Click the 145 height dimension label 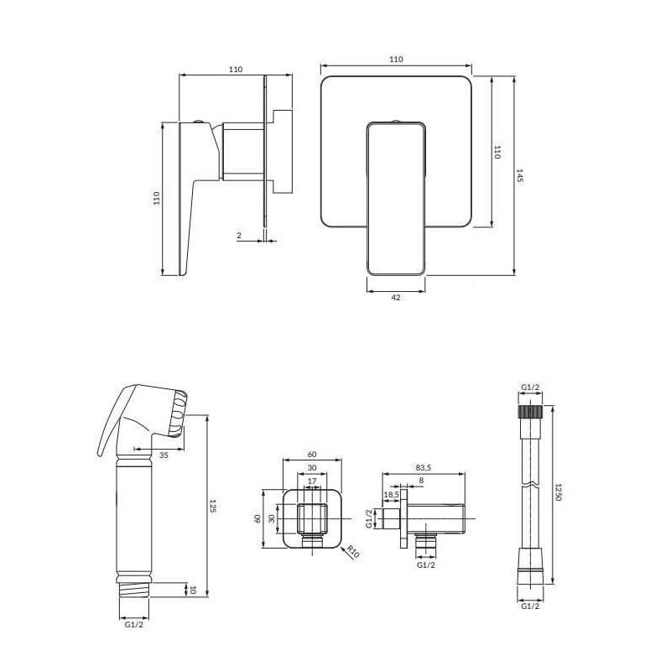click(519, 175)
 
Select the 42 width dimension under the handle click(396, 297)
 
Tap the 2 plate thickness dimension click(239, 235)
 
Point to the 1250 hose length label click(558, 492)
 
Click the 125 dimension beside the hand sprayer click(213, 506)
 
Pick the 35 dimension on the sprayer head click(164, 455)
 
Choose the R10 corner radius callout click(353, 551)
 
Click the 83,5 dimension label click(424, 468)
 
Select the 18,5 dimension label click(392, 494)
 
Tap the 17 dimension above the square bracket click(312, 481)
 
